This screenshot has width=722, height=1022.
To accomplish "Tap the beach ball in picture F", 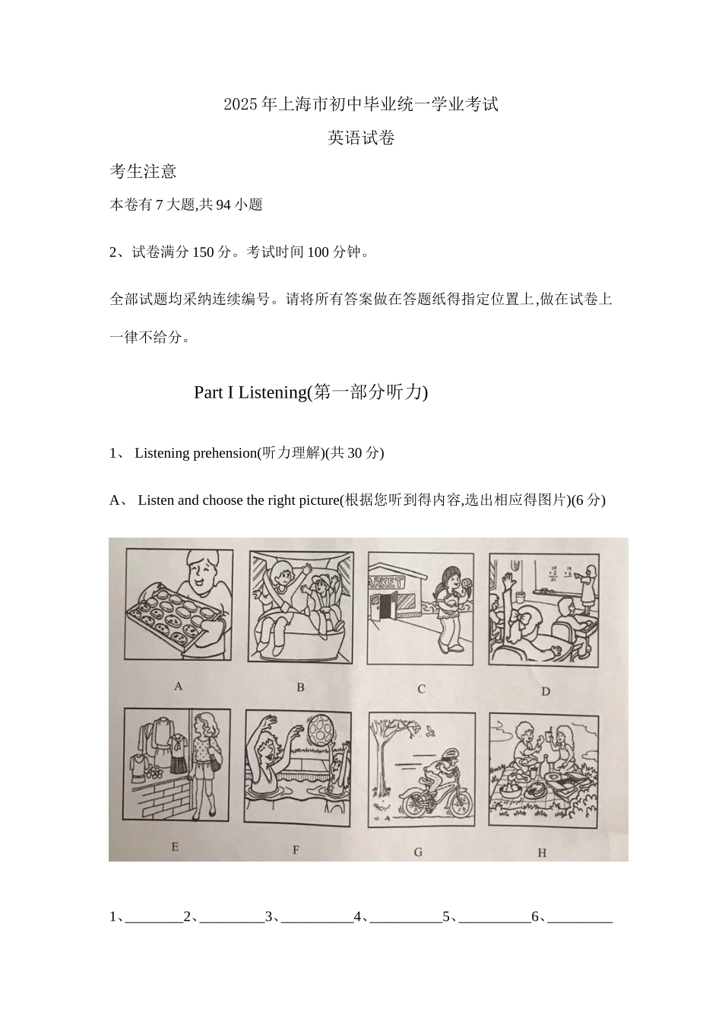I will click(x=320, y=732).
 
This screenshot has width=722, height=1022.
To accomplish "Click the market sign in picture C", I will click(x=387, y=582).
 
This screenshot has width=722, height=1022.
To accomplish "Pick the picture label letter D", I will click(x=545, y=691).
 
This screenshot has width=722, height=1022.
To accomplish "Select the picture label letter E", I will click(x=175, y=846).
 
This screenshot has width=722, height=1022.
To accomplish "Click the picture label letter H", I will click(x=542, y=853).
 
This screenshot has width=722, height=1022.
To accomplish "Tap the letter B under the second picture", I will click(x=300, y=687).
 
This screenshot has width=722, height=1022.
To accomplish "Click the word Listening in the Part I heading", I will click(x=271, y=392).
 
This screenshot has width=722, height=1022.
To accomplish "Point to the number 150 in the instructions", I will click(x=203, y=252).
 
